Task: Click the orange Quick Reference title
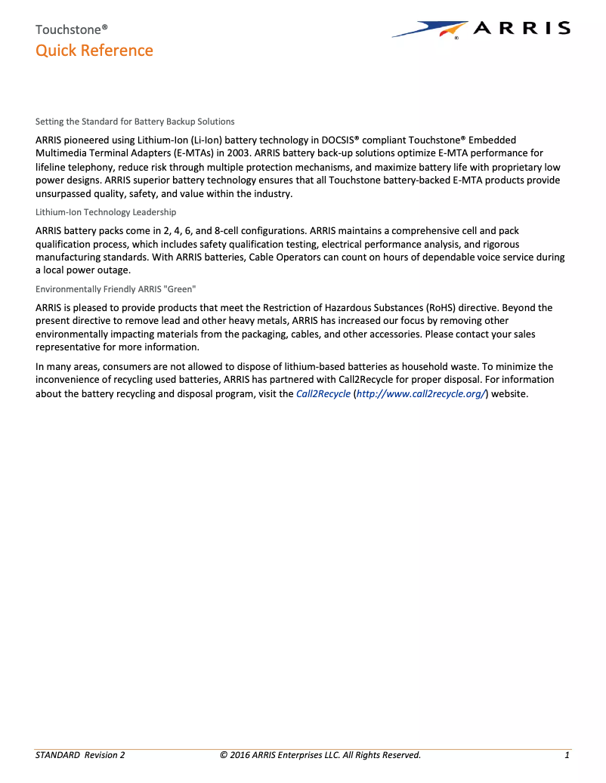click(x=94, y=51)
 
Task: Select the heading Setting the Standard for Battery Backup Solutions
click(x=135, y=121)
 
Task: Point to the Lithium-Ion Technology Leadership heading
click(x=106, y=212)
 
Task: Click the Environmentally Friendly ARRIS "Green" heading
click(x=116, y=289)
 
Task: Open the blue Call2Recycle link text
click(x=323, y=393)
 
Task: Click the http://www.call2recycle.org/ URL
click(x=420, y=393)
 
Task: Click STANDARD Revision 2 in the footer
click(x=80, y=755)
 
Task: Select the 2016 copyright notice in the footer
click(x=320, y=755)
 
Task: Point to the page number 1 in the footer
click(x=567, y=755)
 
